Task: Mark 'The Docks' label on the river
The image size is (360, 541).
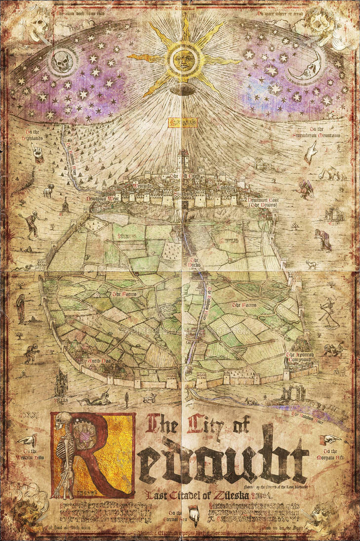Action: pos(194,262)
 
